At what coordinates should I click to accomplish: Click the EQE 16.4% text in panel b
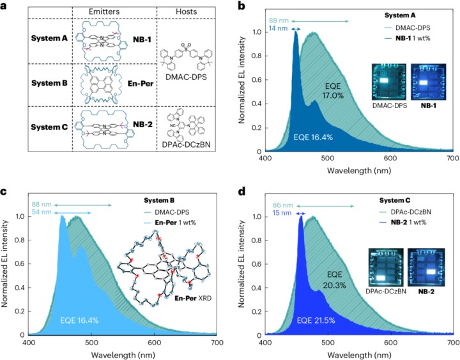(x=313, y=137)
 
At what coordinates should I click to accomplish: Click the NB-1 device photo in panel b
(x=422, y=81)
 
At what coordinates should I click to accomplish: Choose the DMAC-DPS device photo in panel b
(x=382, y=81)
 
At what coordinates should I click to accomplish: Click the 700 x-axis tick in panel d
(x=451, y=342)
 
